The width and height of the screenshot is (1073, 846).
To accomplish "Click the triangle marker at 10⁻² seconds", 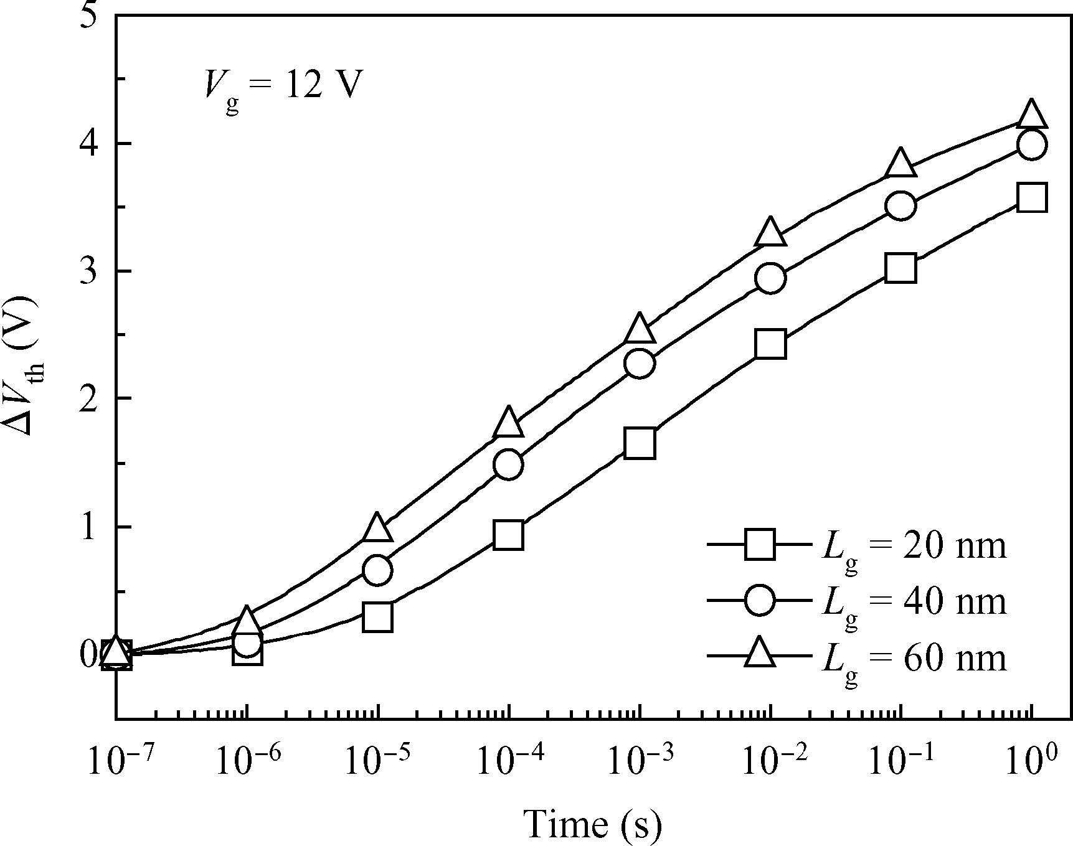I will [x=770, y=233].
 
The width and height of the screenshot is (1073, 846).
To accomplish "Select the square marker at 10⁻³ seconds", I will [x=640, y=443].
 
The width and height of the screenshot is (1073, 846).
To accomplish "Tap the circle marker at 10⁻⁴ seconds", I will [x=508, y=464].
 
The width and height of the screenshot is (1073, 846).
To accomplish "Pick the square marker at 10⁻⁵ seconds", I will [x=377, y=617].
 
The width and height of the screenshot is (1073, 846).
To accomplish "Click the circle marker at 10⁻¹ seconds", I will [x=900, y=205].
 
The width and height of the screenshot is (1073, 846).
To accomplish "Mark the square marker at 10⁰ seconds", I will [x=1031, y=199].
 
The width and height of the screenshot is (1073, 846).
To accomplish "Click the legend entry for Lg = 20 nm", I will [x=856, y=546].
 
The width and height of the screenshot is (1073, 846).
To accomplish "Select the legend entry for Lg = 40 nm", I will [x=856, y=601].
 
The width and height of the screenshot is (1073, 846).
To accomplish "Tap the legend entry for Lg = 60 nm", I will [x=856, y=657].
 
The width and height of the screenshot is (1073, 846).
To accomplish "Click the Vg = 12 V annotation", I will [x=283, y=87].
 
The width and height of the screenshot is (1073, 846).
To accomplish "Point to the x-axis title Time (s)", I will [x=592, y=824].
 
